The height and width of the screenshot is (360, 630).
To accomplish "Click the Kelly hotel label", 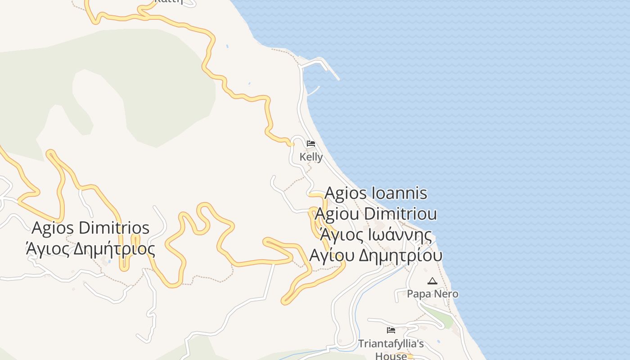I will (311, 157).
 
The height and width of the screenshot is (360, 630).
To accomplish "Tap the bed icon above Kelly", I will (310, 144).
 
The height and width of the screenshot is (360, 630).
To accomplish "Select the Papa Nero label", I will (432, 294).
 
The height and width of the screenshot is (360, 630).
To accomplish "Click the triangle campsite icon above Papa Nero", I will (432, 281).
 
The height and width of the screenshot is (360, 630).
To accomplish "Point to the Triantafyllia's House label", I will (391, 350).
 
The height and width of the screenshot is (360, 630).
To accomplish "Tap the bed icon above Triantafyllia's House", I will (391, 330).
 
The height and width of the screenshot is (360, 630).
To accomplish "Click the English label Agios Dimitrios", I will (90, 228).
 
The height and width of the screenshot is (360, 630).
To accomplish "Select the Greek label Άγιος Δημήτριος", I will (90, 248).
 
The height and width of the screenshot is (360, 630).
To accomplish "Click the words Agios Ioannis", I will (376, 193).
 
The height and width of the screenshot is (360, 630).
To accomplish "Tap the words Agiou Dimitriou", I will (376, 214).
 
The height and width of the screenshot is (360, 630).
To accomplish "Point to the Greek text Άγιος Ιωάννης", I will (376, 235).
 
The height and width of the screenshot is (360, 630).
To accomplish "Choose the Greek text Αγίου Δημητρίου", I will (376, 255).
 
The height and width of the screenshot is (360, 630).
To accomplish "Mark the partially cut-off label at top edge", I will (169, 2).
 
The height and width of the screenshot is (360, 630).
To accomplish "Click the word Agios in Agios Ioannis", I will (347, 193).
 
